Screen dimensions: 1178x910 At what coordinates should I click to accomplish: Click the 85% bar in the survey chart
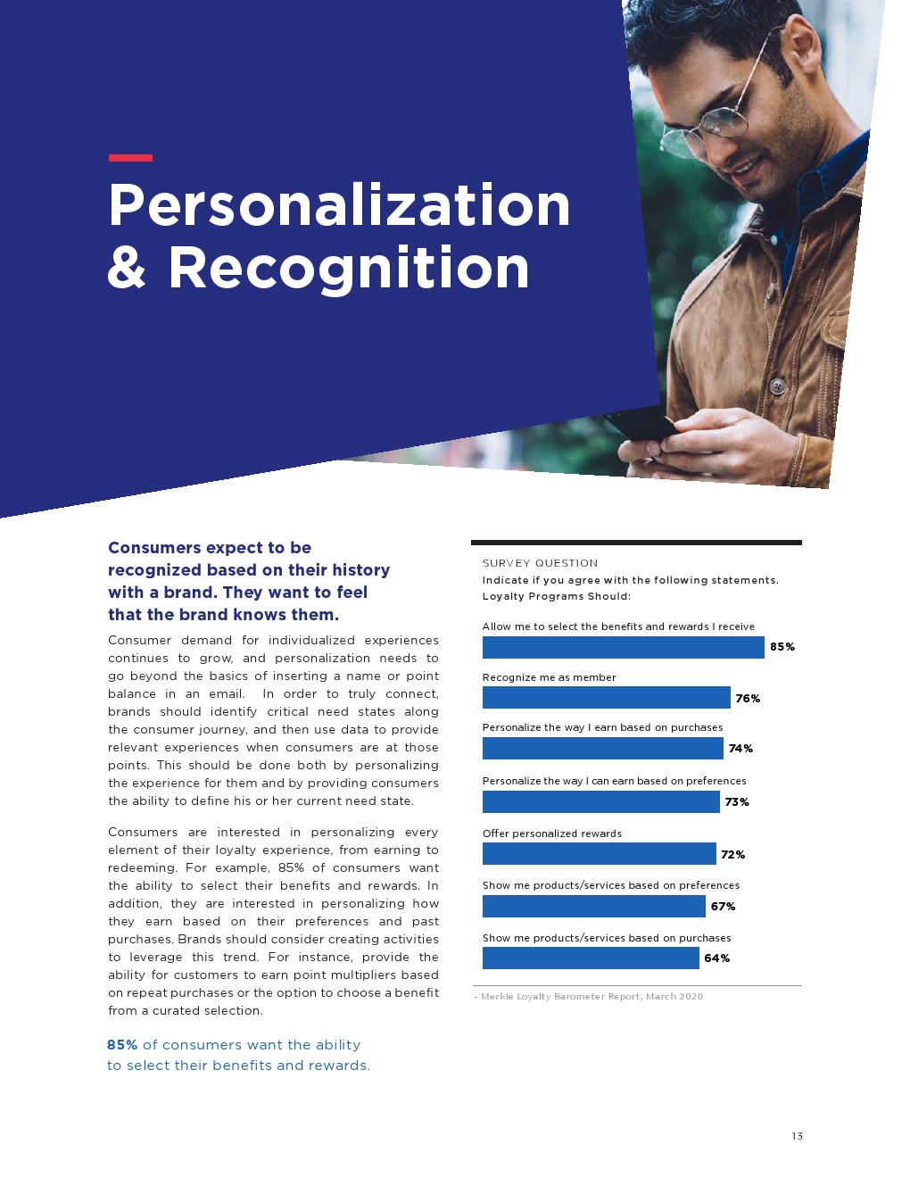point(623,647)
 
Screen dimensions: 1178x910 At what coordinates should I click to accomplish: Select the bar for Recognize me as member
point(606,698)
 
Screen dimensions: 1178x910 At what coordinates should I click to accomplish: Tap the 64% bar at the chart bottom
point(591,958)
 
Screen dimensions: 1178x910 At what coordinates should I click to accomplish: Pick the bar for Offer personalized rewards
point(599,854)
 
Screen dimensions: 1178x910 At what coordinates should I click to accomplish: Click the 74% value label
point(740,749)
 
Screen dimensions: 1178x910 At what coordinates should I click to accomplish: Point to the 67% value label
point(723,907)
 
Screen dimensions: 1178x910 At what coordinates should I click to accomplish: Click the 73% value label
point(737,802)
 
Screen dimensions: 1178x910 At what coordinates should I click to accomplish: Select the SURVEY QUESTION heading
point(540,563)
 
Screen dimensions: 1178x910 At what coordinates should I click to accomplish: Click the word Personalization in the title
point(339,205)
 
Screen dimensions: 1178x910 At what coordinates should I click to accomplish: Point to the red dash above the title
point(130,158)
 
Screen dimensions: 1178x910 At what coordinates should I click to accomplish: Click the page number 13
point(797,1136)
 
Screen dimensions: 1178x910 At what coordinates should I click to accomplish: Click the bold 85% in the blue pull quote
point(122,1045)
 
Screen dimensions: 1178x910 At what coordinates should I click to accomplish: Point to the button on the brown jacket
point(777,386)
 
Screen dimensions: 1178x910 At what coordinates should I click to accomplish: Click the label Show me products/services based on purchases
point(607,938)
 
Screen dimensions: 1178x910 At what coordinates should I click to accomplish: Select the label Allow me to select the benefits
point(618,626)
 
